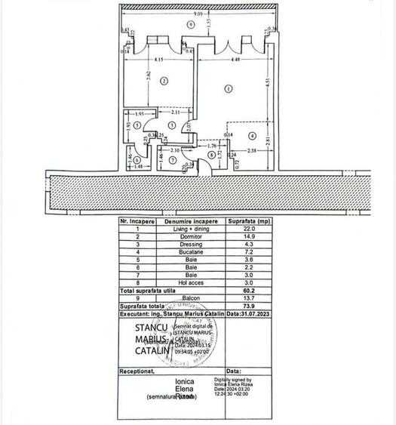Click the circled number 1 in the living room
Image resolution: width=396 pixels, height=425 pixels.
coord(229,89)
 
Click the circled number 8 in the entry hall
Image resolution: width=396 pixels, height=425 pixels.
coord(210,155)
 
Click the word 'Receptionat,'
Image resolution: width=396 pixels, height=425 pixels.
coord(139,371)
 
